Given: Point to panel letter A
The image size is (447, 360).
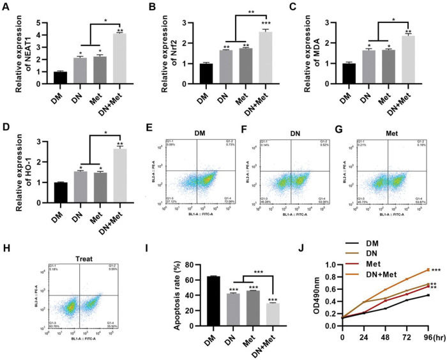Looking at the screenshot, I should tap(6, 8).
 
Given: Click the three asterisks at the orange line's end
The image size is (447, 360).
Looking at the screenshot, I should tap(436, 271).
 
